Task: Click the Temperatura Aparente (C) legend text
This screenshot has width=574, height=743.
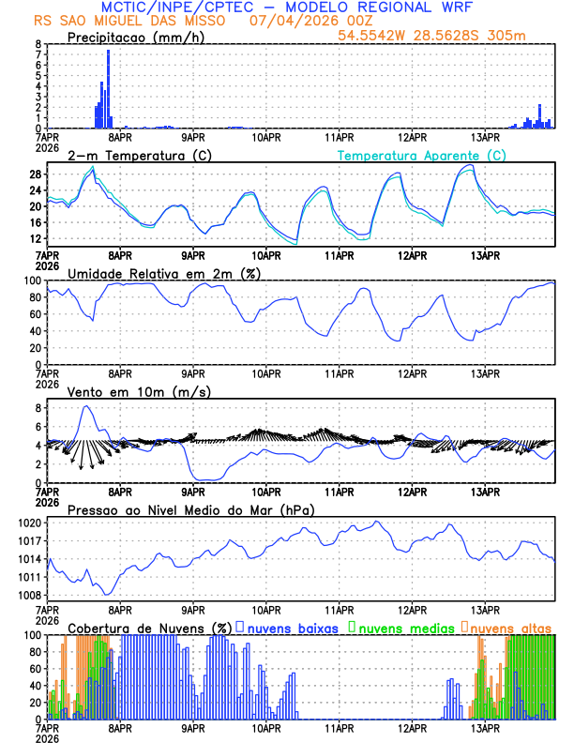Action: click(x=421, y=155)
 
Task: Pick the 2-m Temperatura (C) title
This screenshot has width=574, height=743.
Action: click(x=131, y=155)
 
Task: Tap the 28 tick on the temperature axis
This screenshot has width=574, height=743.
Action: click(x=35, y=174)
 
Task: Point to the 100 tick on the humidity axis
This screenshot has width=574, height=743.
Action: click(x=33, y=281)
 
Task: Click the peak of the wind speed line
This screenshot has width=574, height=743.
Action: click(x=87, y=406)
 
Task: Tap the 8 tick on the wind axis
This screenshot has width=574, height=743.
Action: click(x=38, y=408)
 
